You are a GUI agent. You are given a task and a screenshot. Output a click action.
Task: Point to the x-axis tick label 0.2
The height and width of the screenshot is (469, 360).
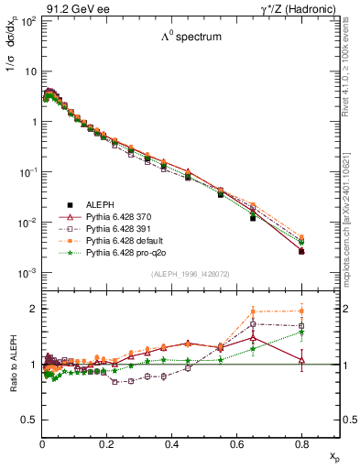point(106,442)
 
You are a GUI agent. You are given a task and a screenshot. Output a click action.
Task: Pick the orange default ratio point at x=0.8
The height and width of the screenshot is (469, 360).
point(301,311)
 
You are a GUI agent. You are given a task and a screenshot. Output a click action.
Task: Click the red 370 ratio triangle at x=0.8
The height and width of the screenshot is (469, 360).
point(301,359)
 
